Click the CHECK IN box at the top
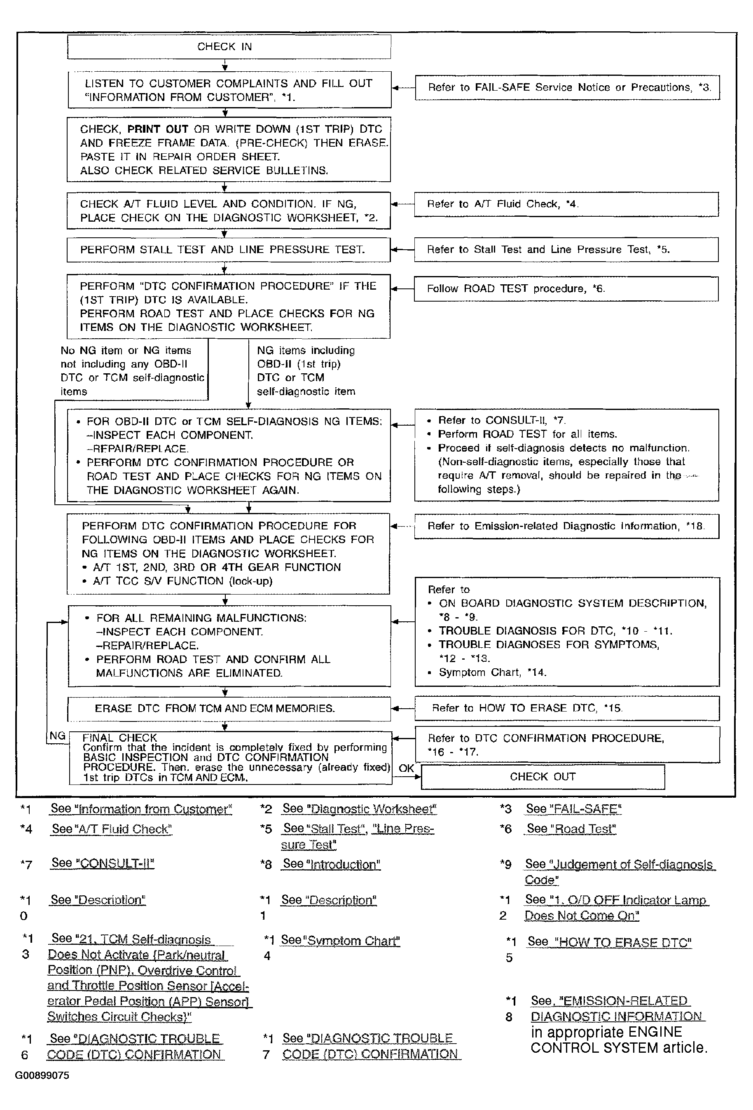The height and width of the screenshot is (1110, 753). pyautogui.click(x=229, y=47)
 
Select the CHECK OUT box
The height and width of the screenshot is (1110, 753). pyautogui.click(x=543, y=777)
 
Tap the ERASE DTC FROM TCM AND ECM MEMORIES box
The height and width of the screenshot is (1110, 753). pyautogui.click(x=229, y=708)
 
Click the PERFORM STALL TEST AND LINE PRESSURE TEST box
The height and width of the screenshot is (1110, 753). pyautogui.click(x=228, y=250)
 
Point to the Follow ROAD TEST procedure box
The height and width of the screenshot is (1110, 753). pyautogui.click(x=566, y=289)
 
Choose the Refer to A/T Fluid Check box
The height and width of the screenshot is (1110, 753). pyautogui.click(x=566, y=204)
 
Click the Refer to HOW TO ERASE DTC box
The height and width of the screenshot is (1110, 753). pyautogui.click(x=567, y=708)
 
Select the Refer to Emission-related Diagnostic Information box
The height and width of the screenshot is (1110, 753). pyautogui.click(x=566, y=526)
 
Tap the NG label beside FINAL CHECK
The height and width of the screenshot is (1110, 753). pyautogui.click(x=57, y=736)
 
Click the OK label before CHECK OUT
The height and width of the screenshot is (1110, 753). pyautogui.click(x=406, y=768)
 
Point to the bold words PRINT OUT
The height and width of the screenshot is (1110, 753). pyautogui.click(x=158, y=129)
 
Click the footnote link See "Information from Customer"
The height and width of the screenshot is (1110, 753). pyautogui.click(x=141, y=809)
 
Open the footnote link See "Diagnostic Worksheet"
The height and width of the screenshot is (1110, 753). pyautogui.click(x=359, y=809)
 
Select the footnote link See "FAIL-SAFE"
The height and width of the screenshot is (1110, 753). pyautogui.click(x=573, y=809)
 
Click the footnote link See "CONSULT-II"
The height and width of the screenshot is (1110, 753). pyautogui.click(x=103, y=863)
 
